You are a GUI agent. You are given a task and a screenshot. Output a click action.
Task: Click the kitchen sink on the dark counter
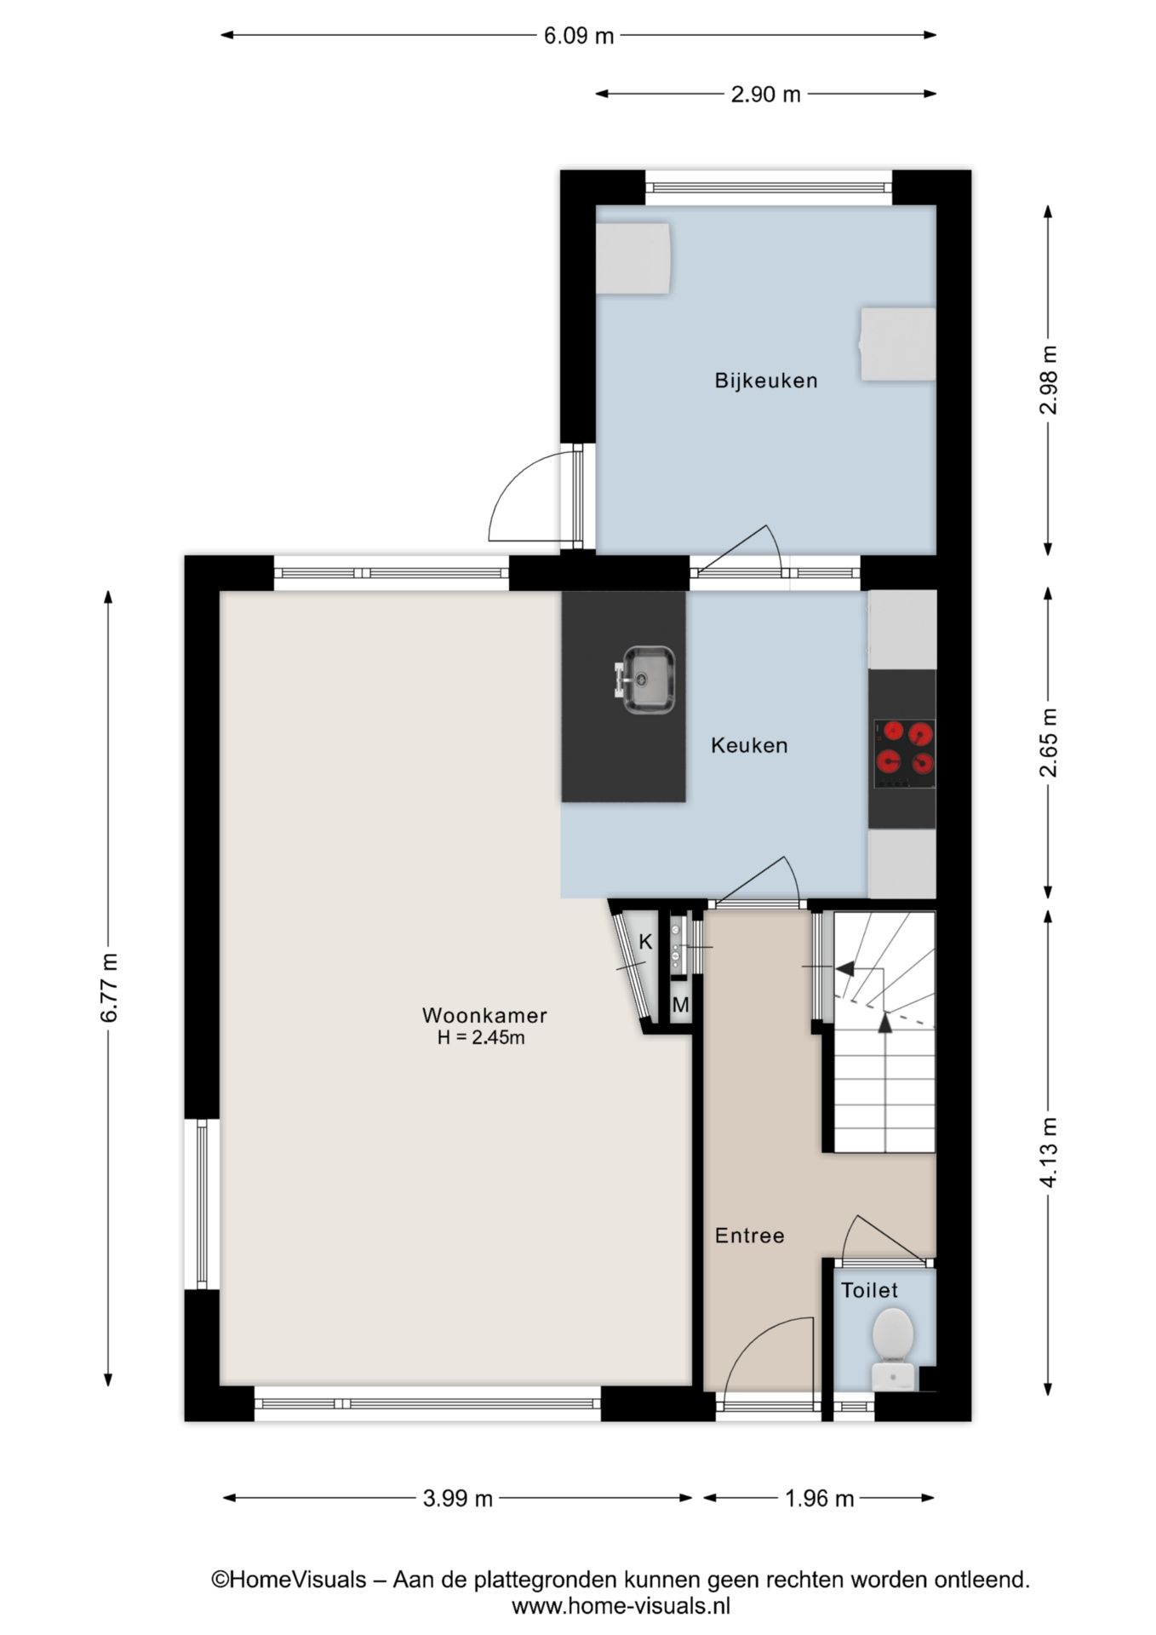click(x=649, y=680)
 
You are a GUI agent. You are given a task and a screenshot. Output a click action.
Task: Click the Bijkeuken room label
click(x=765, y=381)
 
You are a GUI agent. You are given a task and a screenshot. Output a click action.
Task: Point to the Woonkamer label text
click(x=484, y=1015)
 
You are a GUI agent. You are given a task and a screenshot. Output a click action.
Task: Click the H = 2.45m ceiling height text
click(x=481, y=1037)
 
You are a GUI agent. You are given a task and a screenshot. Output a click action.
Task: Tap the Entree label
click(x=749, y=1236)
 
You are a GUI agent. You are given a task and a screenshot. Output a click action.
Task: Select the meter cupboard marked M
click(x=680, y=1006)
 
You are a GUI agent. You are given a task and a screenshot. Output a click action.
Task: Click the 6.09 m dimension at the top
click(x=579, y=36)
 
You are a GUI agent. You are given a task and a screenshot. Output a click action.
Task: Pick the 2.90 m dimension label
click(x=765, y=95)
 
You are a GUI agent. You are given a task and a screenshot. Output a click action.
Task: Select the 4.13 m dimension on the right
click(x=1049, y=1152)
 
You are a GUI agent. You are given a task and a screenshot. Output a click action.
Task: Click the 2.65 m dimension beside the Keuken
click(x=1049, y=743)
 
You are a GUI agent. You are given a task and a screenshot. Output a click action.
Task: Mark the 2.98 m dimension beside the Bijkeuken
click(x=1049, y=380)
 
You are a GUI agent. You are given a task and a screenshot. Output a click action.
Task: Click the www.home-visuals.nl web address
click(x=621, y=1606)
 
